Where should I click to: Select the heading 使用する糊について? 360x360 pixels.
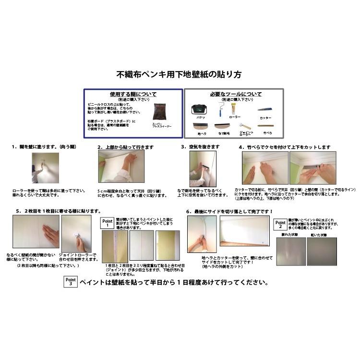coord(132,95)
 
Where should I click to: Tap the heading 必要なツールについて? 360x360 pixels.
coord(235,94)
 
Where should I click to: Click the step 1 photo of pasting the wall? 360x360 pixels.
coord(45,168)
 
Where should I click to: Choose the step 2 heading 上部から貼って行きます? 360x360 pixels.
coord(125,147)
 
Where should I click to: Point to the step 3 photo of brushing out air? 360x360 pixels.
coord(203,168)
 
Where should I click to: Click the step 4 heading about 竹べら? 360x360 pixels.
coord(285,147)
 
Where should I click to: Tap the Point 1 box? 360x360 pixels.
coord(108,223)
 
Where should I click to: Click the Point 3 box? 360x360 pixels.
coord(71,282)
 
